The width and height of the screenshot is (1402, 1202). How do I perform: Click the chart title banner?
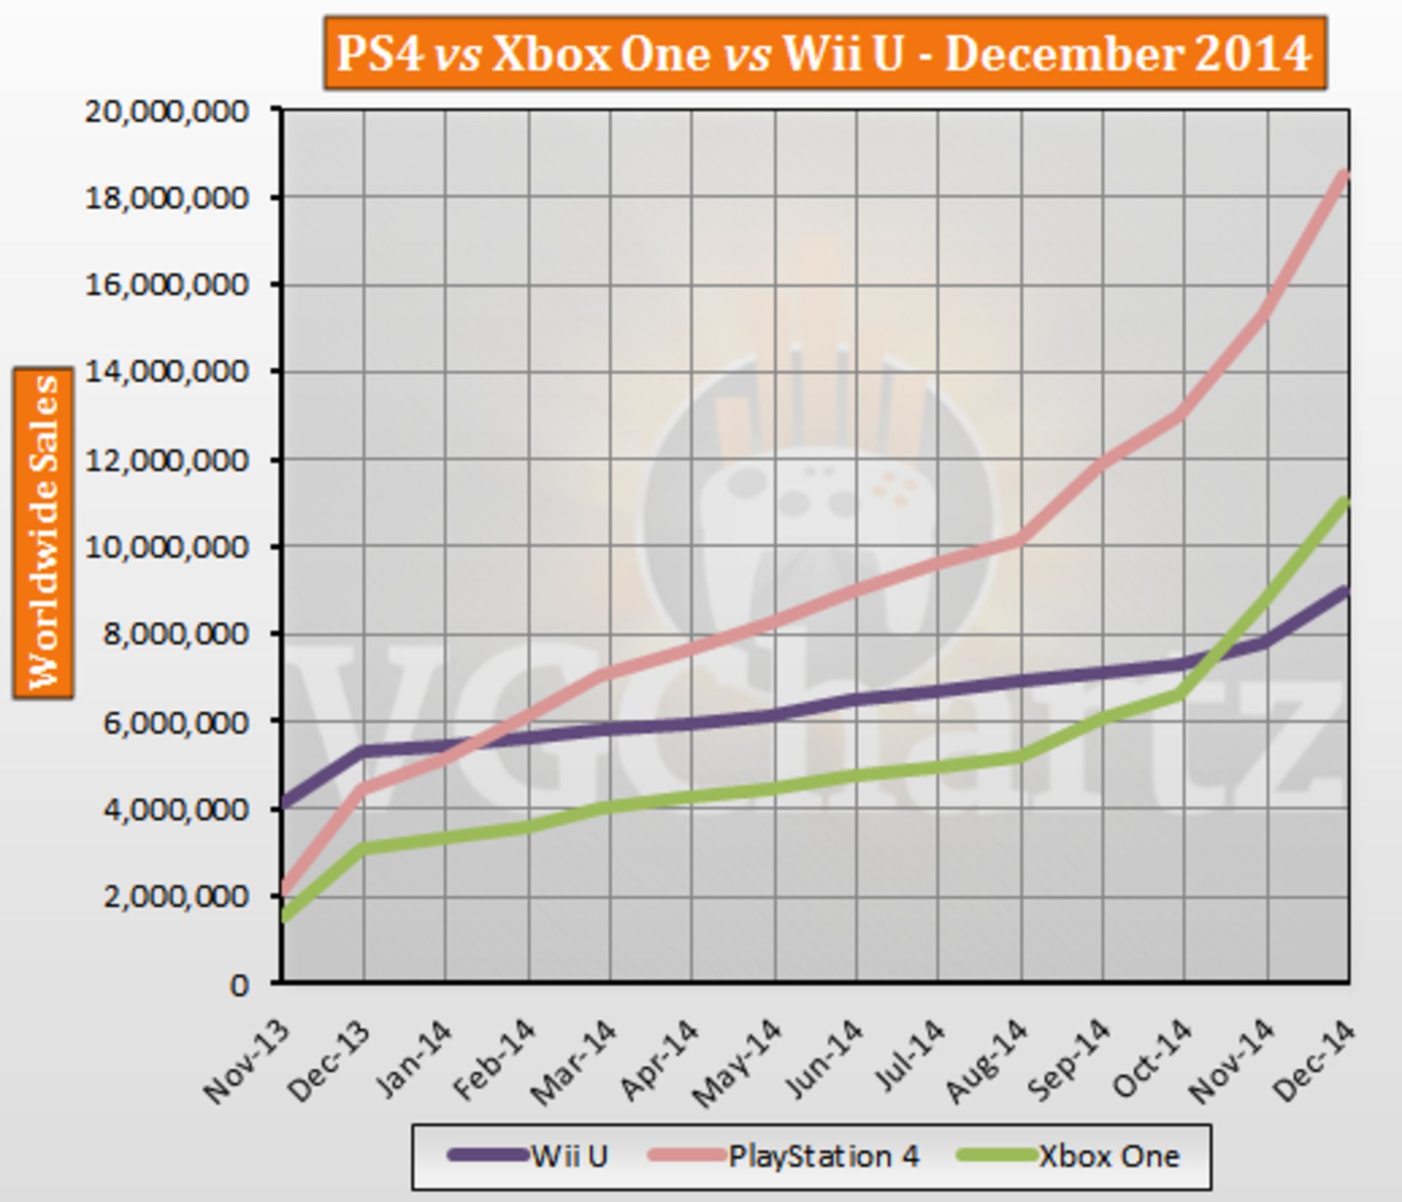(824, 53)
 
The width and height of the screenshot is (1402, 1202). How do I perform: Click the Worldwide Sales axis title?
(43, 533)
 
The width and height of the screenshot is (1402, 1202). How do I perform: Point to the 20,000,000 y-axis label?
(167, 111)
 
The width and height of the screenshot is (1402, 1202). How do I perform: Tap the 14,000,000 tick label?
(167, 372)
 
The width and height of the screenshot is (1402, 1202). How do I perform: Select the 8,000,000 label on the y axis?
(167, 633)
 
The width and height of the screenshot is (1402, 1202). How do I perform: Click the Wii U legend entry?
(529, 1155)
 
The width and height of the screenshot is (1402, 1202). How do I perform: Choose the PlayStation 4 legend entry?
(784, 1155)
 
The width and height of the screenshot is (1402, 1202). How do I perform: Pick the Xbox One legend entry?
(1070, 1155)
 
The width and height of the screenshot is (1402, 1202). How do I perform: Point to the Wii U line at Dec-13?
(364, 751)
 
